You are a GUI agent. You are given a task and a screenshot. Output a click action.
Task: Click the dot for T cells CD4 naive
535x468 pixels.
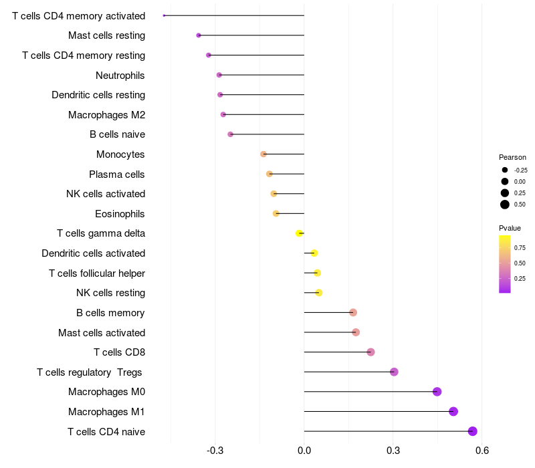click(x=472, y=431)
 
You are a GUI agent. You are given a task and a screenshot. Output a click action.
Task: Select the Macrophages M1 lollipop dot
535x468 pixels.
click(x=453, y=411)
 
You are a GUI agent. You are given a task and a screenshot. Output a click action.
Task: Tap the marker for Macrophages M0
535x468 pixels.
click(x=437, y=392)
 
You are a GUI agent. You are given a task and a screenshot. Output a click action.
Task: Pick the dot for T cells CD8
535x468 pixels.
click(x=370, y=352)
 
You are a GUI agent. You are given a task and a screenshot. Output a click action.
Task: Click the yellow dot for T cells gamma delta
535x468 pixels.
click(x=299, y=233)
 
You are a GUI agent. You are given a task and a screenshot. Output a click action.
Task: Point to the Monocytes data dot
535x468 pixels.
click(x=263, y=154)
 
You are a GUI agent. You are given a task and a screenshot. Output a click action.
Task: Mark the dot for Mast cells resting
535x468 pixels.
click(x=199, y=35)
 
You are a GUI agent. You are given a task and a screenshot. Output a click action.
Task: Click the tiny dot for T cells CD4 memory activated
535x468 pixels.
click(x=164, y=15)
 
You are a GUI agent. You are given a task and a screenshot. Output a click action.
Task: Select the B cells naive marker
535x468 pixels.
click(x=230, y=134)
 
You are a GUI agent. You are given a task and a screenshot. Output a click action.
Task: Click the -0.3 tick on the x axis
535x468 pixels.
click(x=215, y=451)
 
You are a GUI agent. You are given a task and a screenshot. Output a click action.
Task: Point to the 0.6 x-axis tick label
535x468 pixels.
click(x=481, y=451)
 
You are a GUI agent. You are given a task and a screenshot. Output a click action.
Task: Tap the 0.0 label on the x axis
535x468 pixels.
click(x=304, y=451)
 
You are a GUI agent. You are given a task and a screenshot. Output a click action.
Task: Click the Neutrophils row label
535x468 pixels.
click(x=120, y=76)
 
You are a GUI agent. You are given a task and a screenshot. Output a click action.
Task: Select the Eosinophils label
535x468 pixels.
click(x=120, y=214)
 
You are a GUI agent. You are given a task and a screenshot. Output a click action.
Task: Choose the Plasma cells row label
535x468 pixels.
click(x=116, y=174)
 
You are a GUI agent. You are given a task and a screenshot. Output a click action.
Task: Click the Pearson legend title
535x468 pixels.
click(x=512, y=157)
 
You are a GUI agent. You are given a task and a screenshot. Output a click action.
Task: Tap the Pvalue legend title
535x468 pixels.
click(x=510, y=228)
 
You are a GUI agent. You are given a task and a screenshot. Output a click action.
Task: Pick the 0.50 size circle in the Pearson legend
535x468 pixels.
click(x=505, y=205)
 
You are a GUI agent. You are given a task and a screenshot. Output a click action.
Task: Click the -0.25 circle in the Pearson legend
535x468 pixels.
click(x=505, y=170)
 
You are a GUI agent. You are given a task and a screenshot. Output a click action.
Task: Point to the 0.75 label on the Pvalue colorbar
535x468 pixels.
click(x=520, y=248)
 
